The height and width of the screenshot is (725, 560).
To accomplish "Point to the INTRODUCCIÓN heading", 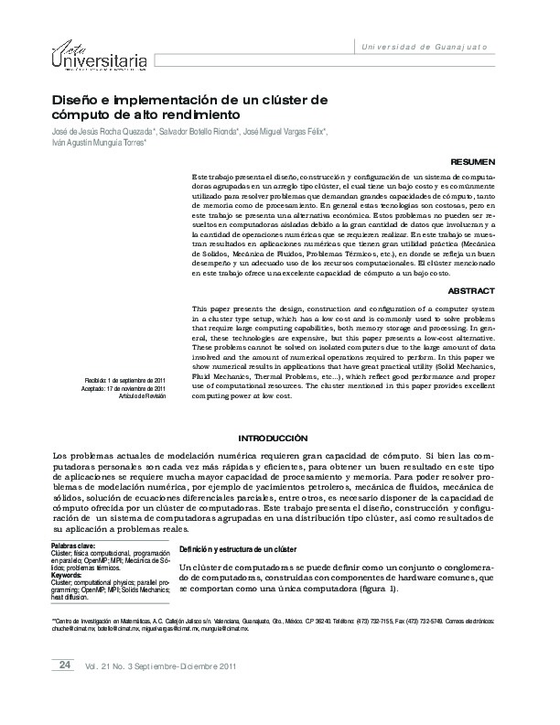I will pyautogui.click(x=273, y=438).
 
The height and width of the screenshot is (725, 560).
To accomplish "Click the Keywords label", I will pyautogui.click(x=70, y=575).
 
